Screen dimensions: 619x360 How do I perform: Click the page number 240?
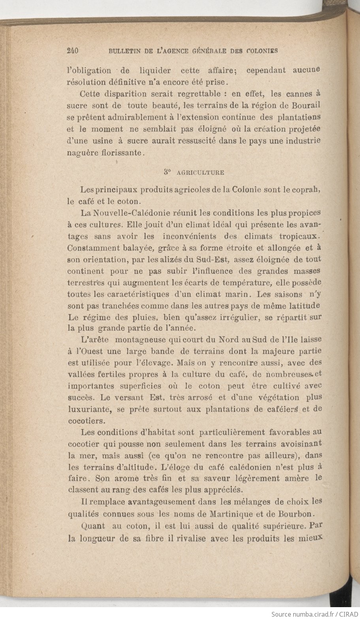pyautogui.click(x=74, y=51)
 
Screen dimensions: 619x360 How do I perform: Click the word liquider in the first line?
pyautogui.click(x=155, y=71)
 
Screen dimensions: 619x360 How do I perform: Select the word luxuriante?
pyautogui.click(x=89, y=409)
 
